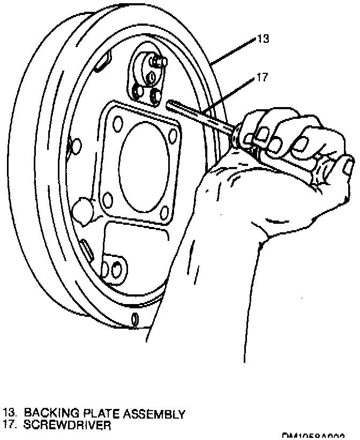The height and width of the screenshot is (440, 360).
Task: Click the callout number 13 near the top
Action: point(263,39)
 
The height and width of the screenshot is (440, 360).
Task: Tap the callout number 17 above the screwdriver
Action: point(261,77)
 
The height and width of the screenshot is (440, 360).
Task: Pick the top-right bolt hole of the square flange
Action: point(172,135)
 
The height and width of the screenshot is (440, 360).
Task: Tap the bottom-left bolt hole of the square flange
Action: point(108,201)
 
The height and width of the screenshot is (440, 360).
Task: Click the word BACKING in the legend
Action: point(46,414)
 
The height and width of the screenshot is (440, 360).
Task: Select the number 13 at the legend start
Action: point(9,414)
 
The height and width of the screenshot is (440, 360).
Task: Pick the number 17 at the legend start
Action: point(9,426)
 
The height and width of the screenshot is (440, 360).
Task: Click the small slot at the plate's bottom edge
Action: point(136,320)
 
